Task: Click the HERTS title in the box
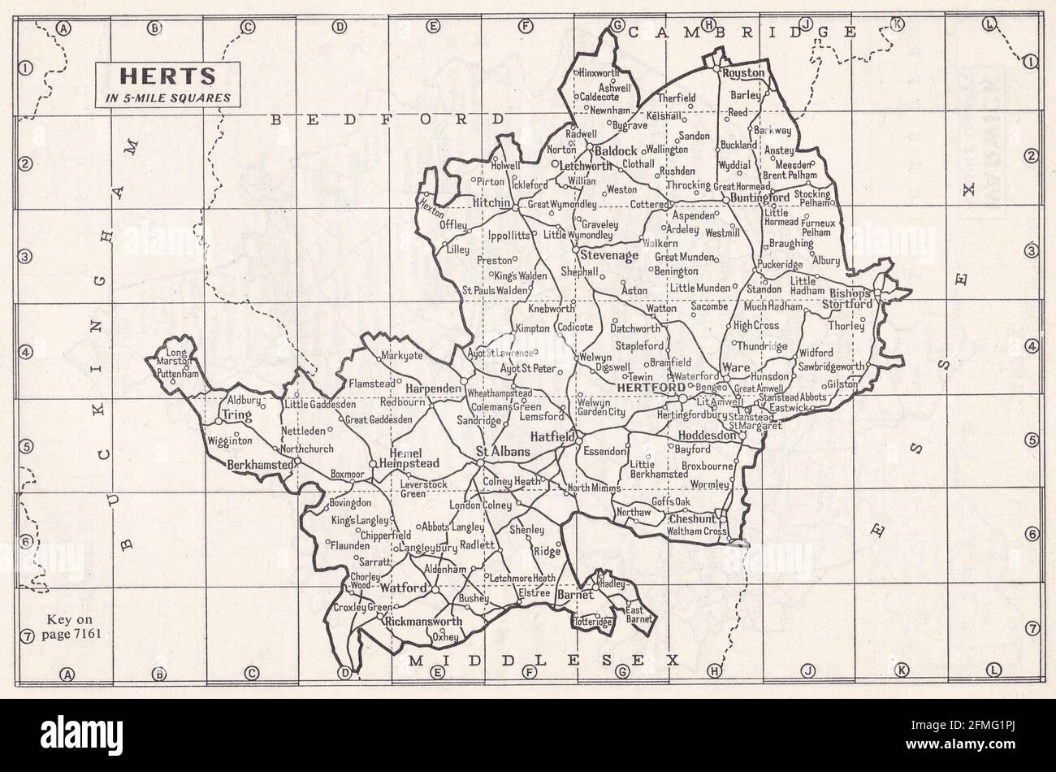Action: click(168, 76)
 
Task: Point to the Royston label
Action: click(744, 73)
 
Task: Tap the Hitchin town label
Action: click(491, 202)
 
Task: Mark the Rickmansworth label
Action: click(422, 622)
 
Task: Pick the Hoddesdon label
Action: click(706, 436)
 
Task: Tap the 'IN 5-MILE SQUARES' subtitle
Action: click(168, 98)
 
